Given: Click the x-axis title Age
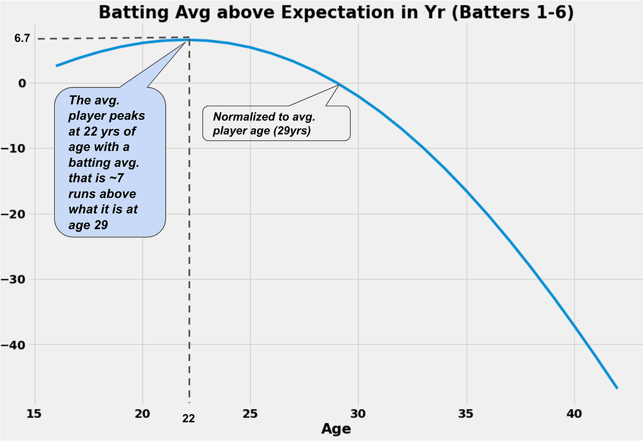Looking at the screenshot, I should [336, 429].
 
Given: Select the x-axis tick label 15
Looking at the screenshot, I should [35, 414].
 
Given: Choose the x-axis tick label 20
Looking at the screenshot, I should [143, 414].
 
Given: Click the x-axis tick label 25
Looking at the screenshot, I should [250, 414].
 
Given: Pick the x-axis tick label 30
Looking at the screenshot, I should [358, 414].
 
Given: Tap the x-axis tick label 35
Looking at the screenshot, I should [466, 414].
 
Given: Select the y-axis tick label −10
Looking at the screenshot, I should [16, 149].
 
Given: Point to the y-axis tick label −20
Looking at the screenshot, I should [16, 214].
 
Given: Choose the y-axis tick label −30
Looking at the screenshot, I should [16, 280].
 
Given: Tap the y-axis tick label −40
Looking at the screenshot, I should [16, 344].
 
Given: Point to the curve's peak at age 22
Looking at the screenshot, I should [189, 40].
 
